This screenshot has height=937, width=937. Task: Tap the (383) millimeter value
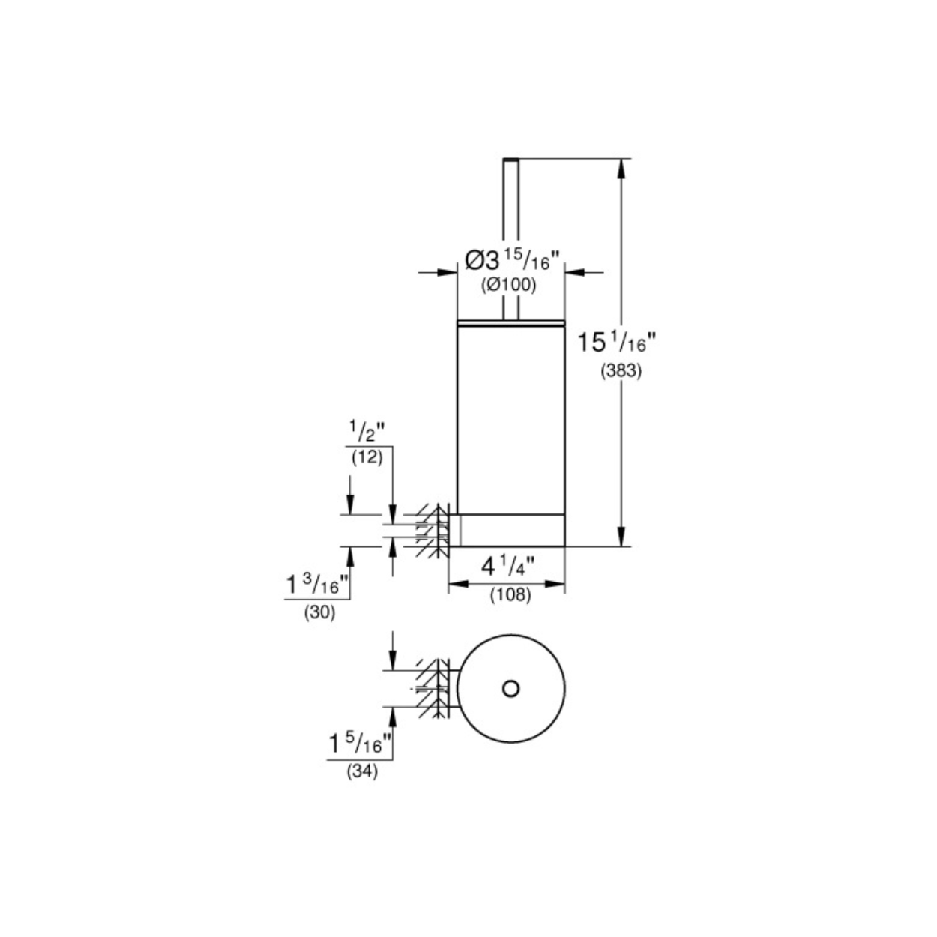pos(621,372)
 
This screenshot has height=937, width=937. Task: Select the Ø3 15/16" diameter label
pos(513,261)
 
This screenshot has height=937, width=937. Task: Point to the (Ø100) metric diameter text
pos(509,285)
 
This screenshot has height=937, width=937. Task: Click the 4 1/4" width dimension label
pos(507,567)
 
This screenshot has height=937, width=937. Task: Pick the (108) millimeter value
pos(510,594)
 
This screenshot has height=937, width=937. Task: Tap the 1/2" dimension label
pos(367,431)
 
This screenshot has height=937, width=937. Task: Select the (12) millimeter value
pos(367,457)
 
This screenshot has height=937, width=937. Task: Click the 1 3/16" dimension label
pos(318,584)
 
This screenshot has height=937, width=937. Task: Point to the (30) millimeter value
pos(319,613)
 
